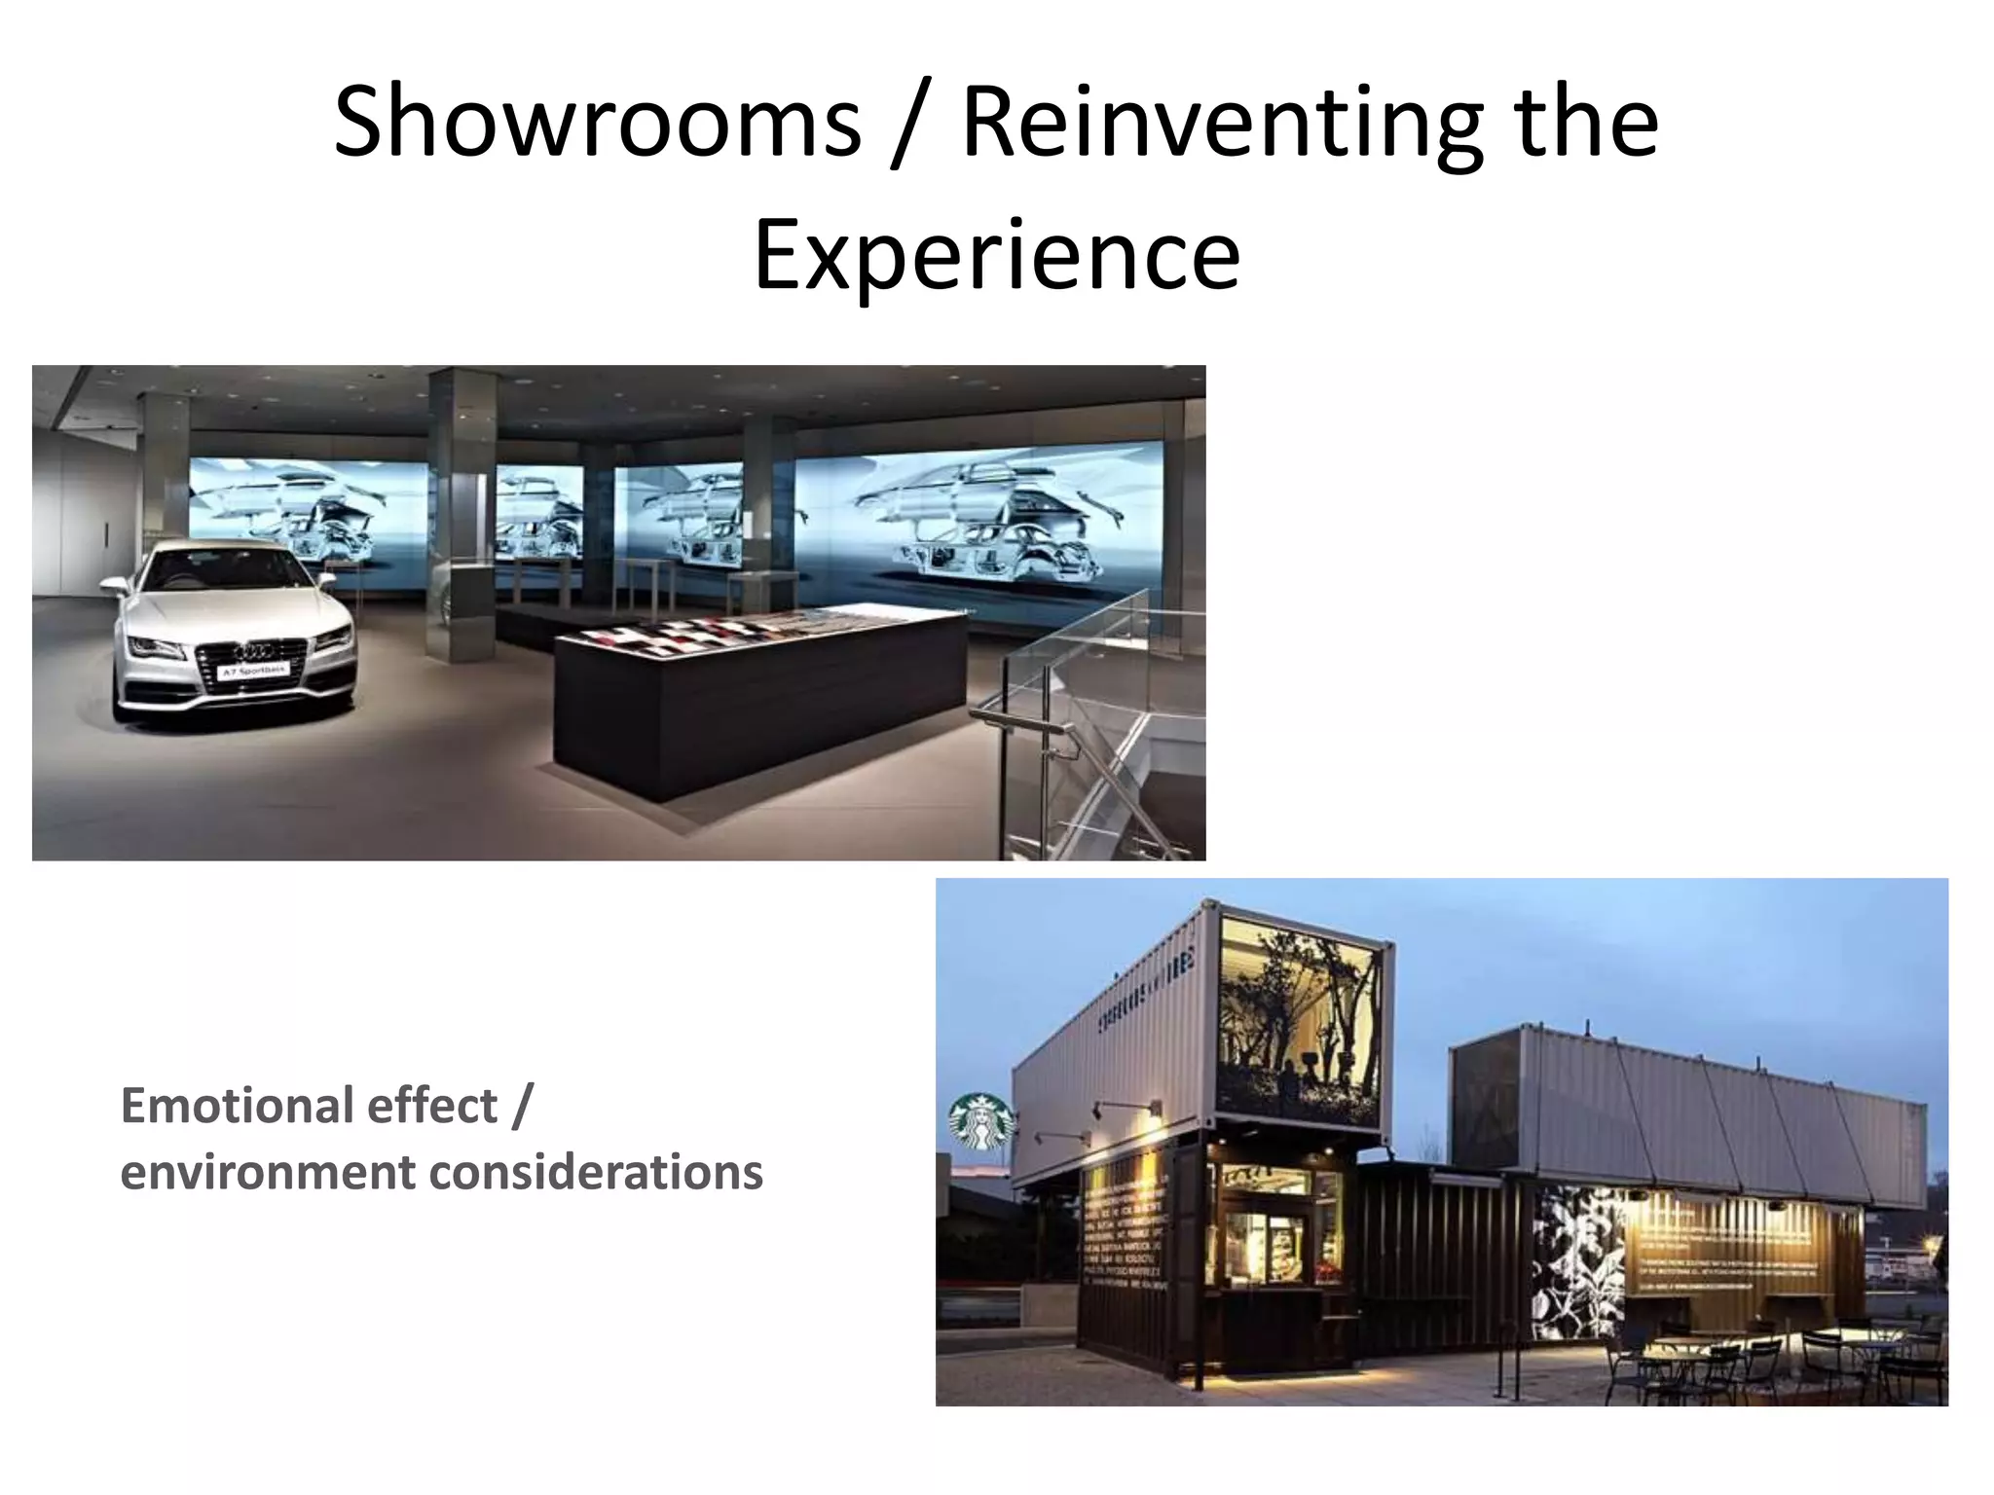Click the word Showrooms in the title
pyautogui.click(x=597, y=123)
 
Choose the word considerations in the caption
pyautogui.click(x=596, y=1172)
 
